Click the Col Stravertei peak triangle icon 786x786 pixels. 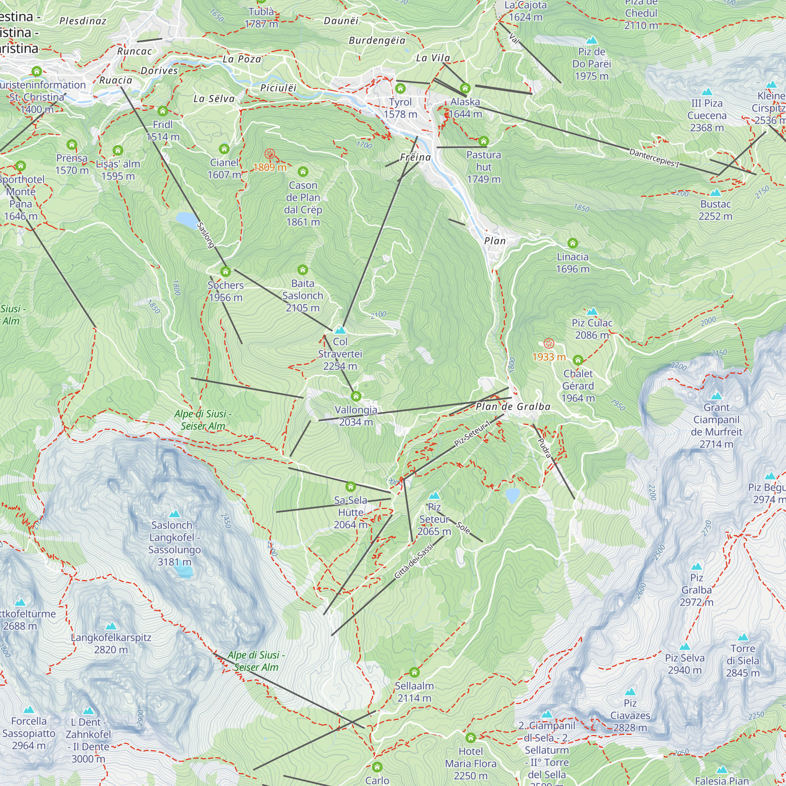[340, 330]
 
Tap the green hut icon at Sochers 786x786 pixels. [225, 271]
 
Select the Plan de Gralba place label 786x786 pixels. [513, 406]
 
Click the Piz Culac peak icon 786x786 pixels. [592, 312]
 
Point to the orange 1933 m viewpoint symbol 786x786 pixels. [549, 343]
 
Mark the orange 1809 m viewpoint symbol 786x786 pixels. [269, 154]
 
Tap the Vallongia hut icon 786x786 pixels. [356, 396]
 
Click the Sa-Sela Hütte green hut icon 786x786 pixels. [351, 487]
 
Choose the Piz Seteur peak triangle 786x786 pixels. [435, 496]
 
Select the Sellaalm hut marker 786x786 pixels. [414, 672]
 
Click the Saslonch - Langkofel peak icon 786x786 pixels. [174, 514]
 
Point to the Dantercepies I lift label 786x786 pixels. [654, 158]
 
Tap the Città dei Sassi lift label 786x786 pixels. [414, 562]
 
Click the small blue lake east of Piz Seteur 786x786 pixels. [512, 495]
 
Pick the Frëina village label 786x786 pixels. [415, 157]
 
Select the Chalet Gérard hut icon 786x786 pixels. [578, 360]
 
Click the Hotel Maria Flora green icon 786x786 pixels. [471, 738]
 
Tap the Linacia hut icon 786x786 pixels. [573, 243]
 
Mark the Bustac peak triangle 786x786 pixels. [715, 193]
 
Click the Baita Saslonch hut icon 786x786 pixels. [302, 270]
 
